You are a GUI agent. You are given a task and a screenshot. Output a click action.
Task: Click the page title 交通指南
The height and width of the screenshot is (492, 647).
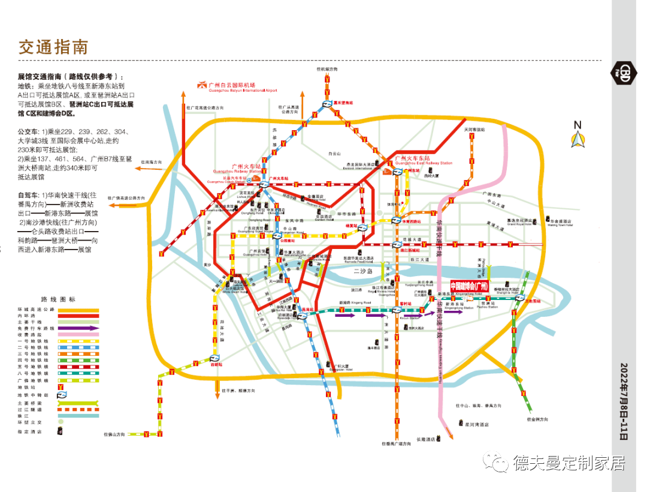[x=53, y=47]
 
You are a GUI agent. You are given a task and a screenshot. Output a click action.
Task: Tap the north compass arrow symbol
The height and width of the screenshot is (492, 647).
[x=578, y=139]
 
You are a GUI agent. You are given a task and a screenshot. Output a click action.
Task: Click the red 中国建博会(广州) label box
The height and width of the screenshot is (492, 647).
[x=470, y=286]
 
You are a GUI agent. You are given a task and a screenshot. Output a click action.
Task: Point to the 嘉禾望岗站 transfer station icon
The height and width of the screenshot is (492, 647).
[x=327, y=104]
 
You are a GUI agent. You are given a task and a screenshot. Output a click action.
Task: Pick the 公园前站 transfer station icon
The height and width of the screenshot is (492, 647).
[x=277, y=236]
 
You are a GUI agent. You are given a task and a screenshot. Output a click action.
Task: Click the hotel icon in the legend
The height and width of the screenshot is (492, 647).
[x=61, y=430]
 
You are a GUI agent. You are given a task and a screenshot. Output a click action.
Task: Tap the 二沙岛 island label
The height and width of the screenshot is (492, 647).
[x=363, y=271]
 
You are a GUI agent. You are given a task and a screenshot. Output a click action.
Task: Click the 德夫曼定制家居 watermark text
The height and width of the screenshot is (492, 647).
[x=569, y=463]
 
